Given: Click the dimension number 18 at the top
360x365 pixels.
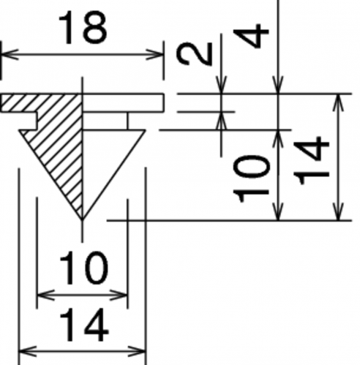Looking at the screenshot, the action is point(83,28).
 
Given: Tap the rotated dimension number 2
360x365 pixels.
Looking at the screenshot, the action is point(195,53).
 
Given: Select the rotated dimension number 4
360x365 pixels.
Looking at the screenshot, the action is point(251,35).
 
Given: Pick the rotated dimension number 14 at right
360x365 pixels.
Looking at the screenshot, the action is point(311,160).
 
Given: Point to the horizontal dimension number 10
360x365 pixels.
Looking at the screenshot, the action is point(83,268).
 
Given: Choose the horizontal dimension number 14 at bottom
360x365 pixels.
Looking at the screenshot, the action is point(83,325).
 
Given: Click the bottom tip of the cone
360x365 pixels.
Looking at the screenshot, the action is point(82,220).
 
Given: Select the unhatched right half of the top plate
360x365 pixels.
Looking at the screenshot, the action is point(123,102).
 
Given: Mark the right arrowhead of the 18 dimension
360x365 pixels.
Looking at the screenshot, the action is point(155,54).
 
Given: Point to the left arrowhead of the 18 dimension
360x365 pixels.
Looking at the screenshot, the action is point(10,54).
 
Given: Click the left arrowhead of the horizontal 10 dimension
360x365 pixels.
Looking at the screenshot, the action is point(45,296).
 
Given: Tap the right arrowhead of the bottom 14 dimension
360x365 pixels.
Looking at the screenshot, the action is point(137,352).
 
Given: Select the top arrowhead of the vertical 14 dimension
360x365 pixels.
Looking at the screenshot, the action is point(339,102).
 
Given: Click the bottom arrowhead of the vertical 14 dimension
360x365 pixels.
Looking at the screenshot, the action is point(339,211).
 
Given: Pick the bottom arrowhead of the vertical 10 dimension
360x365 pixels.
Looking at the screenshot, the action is point(278,211).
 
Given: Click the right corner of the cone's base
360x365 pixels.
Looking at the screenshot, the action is point(146,130).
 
